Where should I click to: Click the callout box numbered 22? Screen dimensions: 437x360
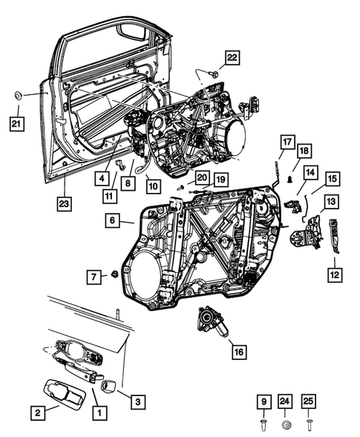[x=232, y=57]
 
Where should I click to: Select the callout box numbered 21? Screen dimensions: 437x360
[x=16, y=124]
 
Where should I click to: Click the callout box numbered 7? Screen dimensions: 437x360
[x=94, y=276]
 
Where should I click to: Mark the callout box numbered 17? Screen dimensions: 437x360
[x=287, y=142]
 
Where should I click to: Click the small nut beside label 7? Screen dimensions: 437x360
[x=116, y=275]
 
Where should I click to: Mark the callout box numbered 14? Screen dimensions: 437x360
[x=310, y=173]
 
